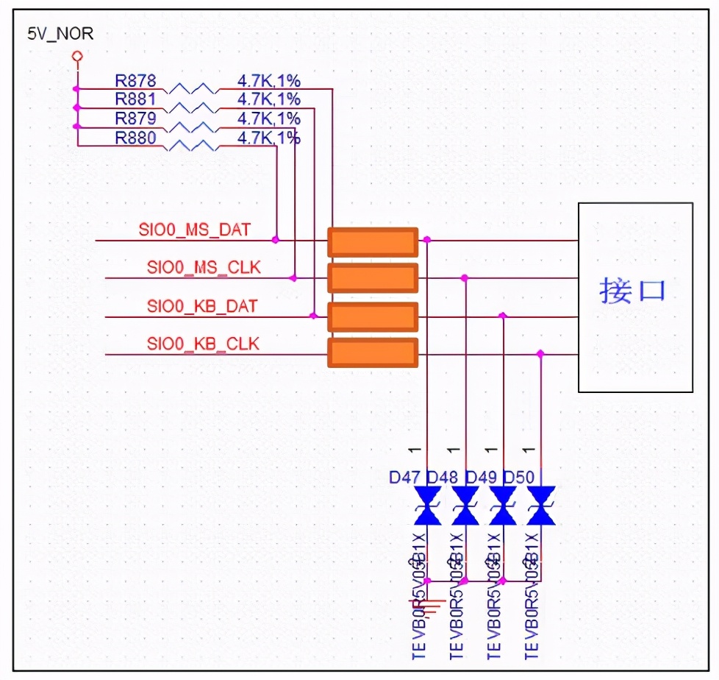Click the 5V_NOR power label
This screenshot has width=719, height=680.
point(60,34)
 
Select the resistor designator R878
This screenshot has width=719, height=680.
point(135,80)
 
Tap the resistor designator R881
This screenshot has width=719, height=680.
point(135,99)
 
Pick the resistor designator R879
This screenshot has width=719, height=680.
point(135,118)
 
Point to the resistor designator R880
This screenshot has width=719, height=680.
point(135,138)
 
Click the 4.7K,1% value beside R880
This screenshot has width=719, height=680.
point(268,138)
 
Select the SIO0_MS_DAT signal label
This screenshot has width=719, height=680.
point(194,230)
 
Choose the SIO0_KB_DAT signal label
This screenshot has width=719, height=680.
point(202,305)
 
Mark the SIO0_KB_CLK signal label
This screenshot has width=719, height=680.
point(203,343)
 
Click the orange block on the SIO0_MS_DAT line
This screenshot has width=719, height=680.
point(373,241)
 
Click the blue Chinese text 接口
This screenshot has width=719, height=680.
point(633,291)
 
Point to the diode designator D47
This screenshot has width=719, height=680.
point(405,478)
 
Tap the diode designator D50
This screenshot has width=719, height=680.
point(519,478)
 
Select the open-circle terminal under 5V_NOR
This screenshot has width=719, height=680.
point(76,56)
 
